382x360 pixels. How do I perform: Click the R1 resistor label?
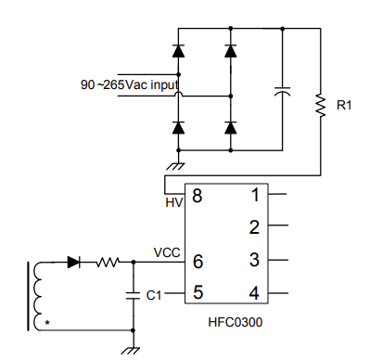click(345, 106)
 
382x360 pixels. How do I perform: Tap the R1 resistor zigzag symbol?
click(321, 106)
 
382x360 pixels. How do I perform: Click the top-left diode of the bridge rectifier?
click(179, 47)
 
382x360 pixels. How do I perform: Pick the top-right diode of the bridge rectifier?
click(230, 47)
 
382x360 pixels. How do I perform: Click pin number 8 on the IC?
click(197, 195)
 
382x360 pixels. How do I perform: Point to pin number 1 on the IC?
click(255, 195)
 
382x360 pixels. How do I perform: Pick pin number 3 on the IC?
click(254, 261)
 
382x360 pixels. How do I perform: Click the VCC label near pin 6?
click(167, 252)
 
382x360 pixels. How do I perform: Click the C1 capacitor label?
click(154, 295)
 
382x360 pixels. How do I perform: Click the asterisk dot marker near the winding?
click(46, 322)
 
